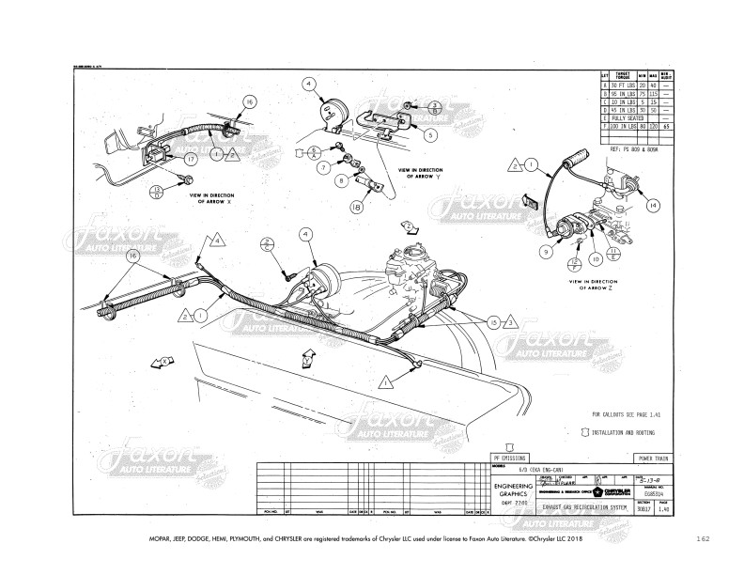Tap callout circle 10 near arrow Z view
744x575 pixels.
tap(595, 257)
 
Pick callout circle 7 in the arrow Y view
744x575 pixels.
tap(322, 167)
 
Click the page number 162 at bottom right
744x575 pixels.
tap(704, 539)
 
